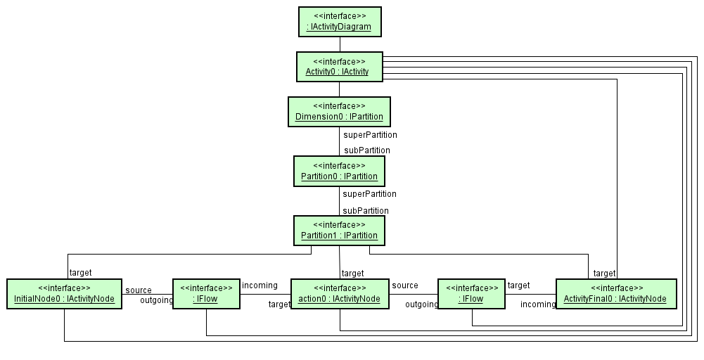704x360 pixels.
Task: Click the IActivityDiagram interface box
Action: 339,22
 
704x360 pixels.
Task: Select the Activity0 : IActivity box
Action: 339,67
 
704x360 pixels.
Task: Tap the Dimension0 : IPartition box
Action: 339,111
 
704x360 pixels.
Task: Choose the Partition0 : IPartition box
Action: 339,171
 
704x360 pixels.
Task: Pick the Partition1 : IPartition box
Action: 339,230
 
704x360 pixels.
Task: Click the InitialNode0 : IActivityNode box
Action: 64,294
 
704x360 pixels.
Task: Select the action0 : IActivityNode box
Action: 340,294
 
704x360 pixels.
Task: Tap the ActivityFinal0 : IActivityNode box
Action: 616,294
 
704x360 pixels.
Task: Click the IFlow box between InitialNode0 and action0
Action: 206,294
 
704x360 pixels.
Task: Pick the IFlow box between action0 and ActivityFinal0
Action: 472,294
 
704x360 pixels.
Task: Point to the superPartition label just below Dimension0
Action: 370,135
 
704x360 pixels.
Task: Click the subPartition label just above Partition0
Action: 366,150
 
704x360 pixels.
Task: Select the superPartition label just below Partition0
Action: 369,194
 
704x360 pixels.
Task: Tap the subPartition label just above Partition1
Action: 366,211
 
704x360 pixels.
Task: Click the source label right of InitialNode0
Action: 139,290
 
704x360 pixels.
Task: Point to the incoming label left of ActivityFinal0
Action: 538,304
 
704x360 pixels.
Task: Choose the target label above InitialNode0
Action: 80,273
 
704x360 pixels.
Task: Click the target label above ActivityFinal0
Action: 604,273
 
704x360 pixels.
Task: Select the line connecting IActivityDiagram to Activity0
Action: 339,44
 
